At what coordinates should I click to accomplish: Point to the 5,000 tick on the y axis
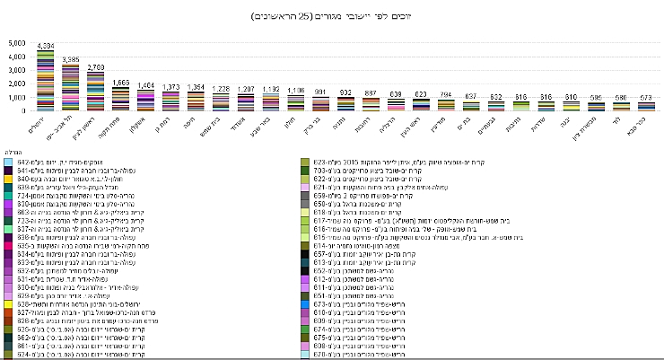point(18,43)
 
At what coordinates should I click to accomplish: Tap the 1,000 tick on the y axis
point(18,97)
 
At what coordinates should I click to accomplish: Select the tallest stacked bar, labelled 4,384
point(46,81)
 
